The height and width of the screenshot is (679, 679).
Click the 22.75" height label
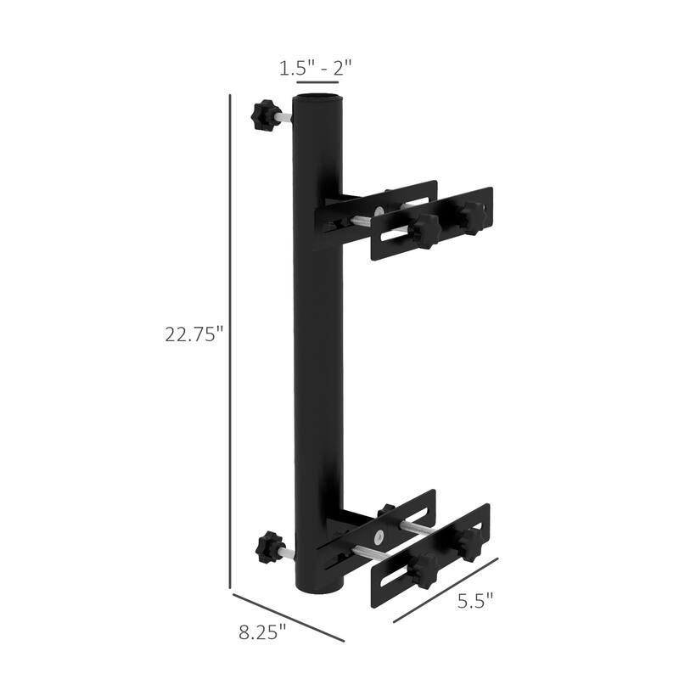[x=194, y=334]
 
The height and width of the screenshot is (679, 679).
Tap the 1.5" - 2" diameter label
[x=317, y=69]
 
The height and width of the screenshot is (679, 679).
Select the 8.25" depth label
[x=262, y=631]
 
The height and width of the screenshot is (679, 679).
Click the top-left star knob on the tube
[x=261, y=113]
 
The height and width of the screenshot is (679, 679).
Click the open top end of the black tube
[x=317, y=99]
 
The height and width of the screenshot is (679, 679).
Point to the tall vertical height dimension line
[x=232, y=339]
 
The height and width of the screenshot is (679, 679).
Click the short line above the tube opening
[x=317, y=83]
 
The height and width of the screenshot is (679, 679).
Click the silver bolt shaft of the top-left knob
[x=281, y=120]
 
